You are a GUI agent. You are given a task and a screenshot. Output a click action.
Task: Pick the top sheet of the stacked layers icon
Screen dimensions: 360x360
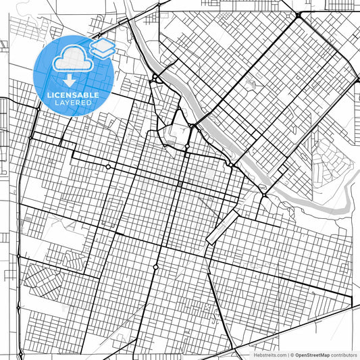(102, 45)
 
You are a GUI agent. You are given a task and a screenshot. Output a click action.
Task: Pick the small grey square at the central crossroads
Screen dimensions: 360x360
(180, 183)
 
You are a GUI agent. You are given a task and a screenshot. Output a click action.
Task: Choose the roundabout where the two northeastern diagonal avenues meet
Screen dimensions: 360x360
(298, 15)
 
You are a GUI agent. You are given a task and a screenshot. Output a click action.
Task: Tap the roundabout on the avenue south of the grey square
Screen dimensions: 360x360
(156, 267)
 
